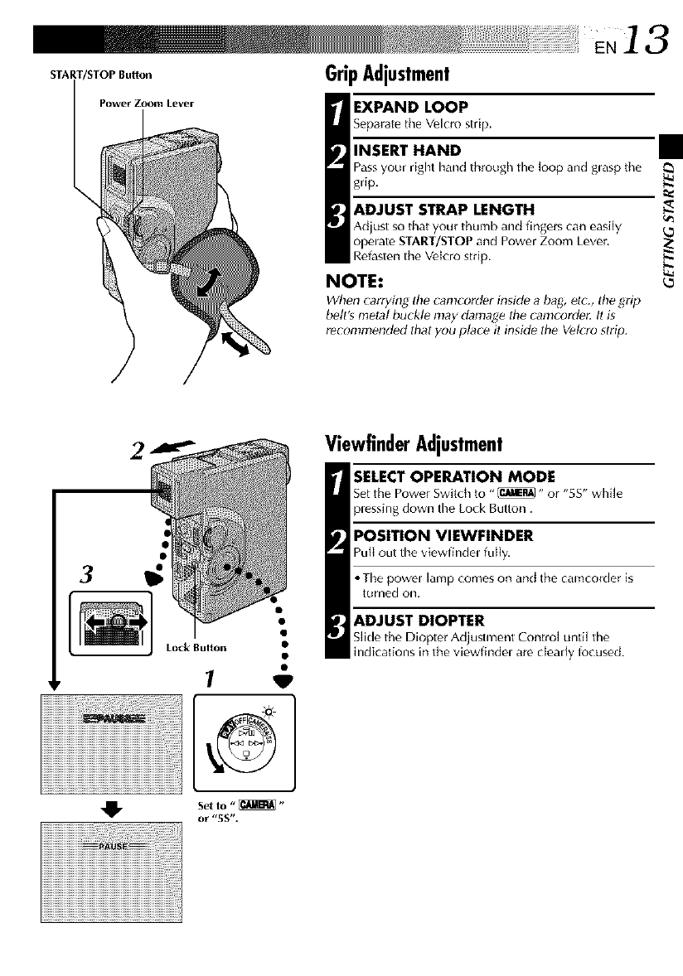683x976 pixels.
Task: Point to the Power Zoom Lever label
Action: tap(146, 104)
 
